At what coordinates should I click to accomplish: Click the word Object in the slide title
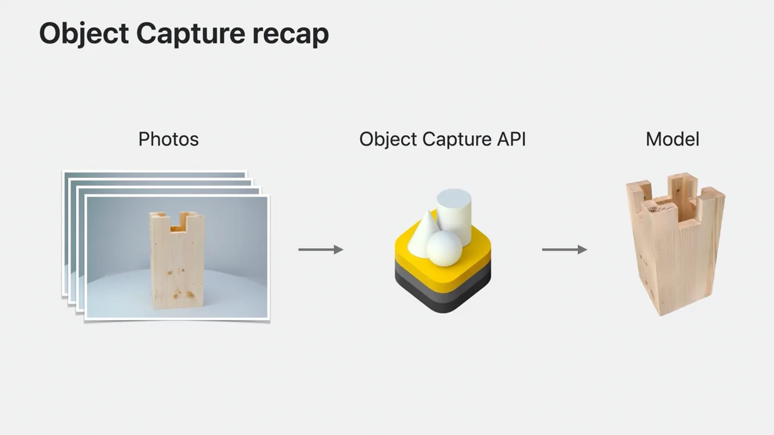[x=83, y=34]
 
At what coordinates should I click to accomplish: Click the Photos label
[x=168, y=139]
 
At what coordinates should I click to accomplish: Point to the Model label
[x=672, y=139]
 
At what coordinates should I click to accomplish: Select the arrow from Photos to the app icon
[x=321, y=250]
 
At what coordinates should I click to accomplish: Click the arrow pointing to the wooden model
[x=564, y=250]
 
